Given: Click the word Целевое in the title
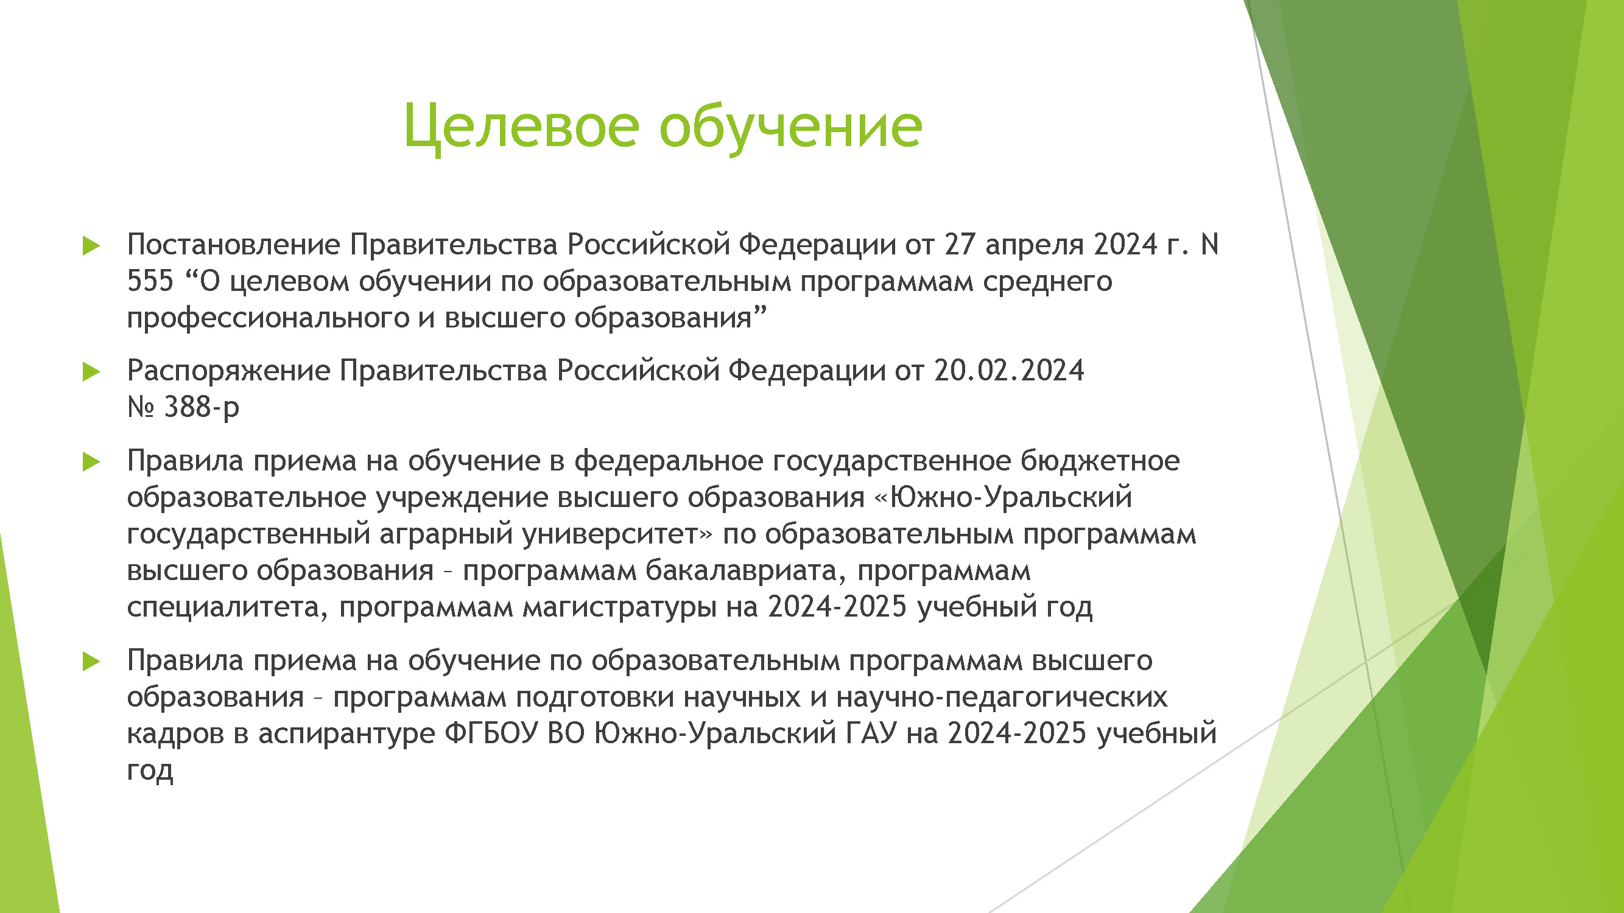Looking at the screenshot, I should pos(521,127).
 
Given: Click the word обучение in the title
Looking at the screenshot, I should pos(790,127).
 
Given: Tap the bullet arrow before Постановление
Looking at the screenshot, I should pos(91,246).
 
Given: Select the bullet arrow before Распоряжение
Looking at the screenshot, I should pos(91,372).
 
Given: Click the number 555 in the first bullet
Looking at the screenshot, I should pos(150,281).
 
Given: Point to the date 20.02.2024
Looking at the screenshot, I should pos(1009,371).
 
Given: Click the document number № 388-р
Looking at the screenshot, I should pos(183,407).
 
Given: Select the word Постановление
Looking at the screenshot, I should pos(233,245).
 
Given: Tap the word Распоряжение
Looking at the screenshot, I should pos(228,371).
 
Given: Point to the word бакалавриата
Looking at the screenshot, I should pos(745,571).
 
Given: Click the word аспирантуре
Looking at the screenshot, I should pos(346,733).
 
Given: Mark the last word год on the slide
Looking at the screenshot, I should pos(149,770).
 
